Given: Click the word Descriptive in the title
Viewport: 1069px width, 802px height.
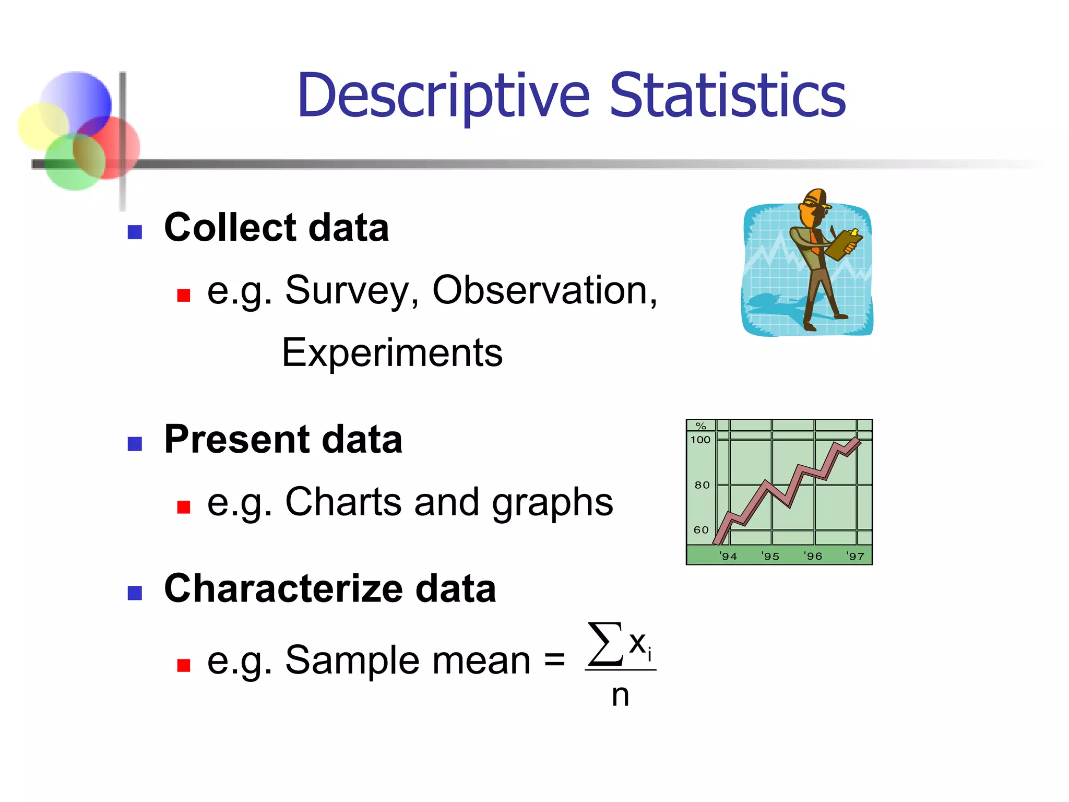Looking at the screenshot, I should click(443, 97).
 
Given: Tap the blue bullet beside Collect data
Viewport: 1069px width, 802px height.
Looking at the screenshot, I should click(135, 232).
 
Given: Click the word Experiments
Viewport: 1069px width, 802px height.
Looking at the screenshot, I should click(392, 353).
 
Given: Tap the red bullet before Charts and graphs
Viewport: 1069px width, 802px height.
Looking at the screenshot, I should click(183, 507).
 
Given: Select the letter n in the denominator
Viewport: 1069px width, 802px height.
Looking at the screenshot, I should click(620, 696).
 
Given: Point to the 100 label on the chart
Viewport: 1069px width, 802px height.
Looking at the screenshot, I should click(700, 440).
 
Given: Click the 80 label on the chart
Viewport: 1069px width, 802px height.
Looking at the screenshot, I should click(702, 485).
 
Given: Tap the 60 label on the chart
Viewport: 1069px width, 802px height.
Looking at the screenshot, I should click(701, 530).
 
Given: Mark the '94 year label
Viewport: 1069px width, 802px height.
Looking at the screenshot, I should click(728, 557).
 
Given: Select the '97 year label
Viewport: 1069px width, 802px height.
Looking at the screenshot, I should click(856, 557).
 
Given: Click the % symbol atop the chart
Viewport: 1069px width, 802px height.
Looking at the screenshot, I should click(701, 426).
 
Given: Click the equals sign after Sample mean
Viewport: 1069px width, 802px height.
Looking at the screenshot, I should click(554, 659).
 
